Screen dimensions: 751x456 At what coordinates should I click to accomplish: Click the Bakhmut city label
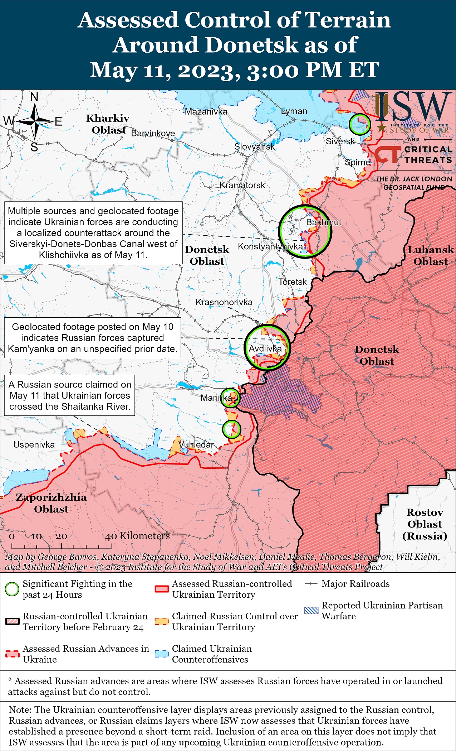[323, 222]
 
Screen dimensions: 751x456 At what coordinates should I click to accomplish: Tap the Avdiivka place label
[265, 348]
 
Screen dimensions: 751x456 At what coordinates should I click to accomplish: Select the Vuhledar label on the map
[196, 444]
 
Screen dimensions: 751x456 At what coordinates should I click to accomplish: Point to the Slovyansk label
[254, 146]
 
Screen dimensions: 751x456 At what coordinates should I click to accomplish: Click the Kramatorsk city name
[242, 185]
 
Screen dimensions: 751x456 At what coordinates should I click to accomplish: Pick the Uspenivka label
[34, 445]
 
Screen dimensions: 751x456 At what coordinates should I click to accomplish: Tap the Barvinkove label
[153, 133]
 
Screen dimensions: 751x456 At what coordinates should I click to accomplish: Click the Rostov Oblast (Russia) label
[425, 524]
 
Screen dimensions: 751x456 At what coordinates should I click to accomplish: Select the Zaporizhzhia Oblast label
[51, 503]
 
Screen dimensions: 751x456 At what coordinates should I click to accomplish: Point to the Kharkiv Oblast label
[108, 124]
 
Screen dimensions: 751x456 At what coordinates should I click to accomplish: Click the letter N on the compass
[34, 97]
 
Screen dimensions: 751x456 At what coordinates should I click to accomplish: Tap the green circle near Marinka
[230, 398]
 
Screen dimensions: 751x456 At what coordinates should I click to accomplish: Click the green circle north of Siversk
[359, 124]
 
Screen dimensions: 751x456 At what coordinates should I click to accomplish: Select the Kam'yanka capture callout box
[93, 338]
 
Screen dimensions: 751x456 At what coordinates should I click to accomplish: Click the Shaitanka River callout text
[70, 395]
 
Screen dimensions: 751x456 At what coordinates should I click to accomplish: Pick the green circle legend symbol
[12, 589]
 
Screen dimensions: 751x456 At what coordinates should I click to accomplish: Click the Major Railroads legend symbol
[311, 584]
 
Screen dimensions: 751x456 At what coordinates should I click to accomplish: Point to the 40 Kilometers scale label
[137, 536]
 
